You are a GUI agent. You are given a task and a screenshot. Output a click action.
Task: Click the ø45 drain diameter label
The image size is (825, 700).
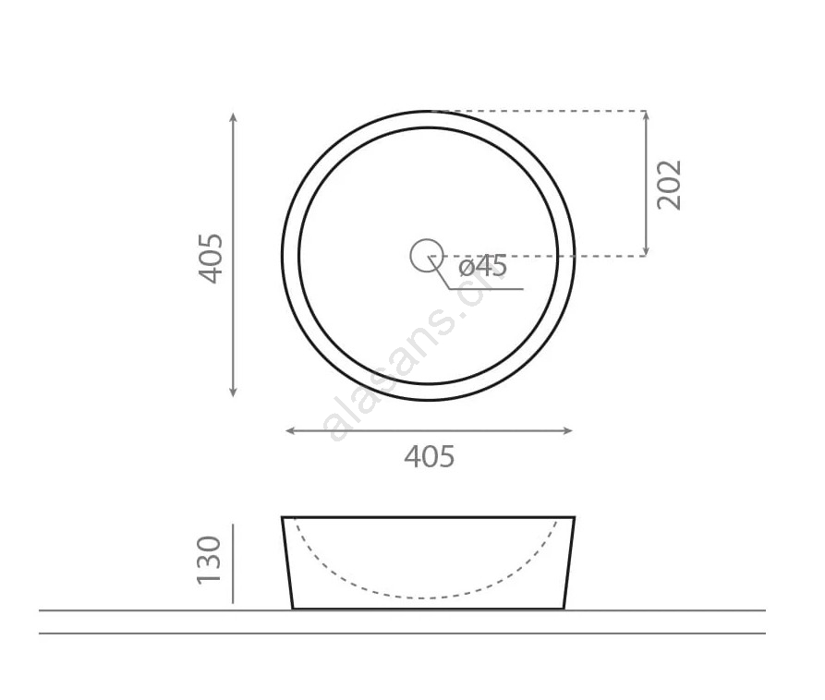pos(483,266)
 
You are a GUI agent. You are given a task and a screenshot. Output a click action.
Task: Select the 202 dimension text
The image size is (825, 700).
pos(669,185)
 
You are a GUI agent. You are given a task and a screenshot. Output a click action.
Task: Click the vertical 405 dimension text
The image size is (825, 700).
pos(211,259)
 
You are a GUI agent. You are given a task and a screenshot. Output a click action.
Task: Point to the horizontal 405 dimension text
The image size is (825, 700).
pos(430,456)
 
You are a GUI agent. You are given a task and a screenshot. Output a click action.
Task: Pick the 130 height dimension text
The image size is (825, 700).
pos(209,561)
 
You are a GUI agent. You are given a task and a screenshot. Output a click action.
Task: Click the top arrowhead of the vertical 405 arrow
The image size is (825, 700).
pos(234,116)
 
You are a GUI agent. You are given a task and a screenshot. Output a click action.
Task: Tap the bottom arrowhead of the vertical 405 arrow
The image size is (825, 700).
pos(234,392)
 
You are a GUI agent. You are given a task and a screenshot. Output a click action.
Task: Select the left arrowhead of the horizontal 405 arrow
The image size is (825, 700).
pos(291,430)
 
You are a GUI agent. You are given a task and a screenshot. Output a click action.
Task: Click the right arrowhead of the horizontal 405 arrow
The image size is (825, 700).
pos(567,430)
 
